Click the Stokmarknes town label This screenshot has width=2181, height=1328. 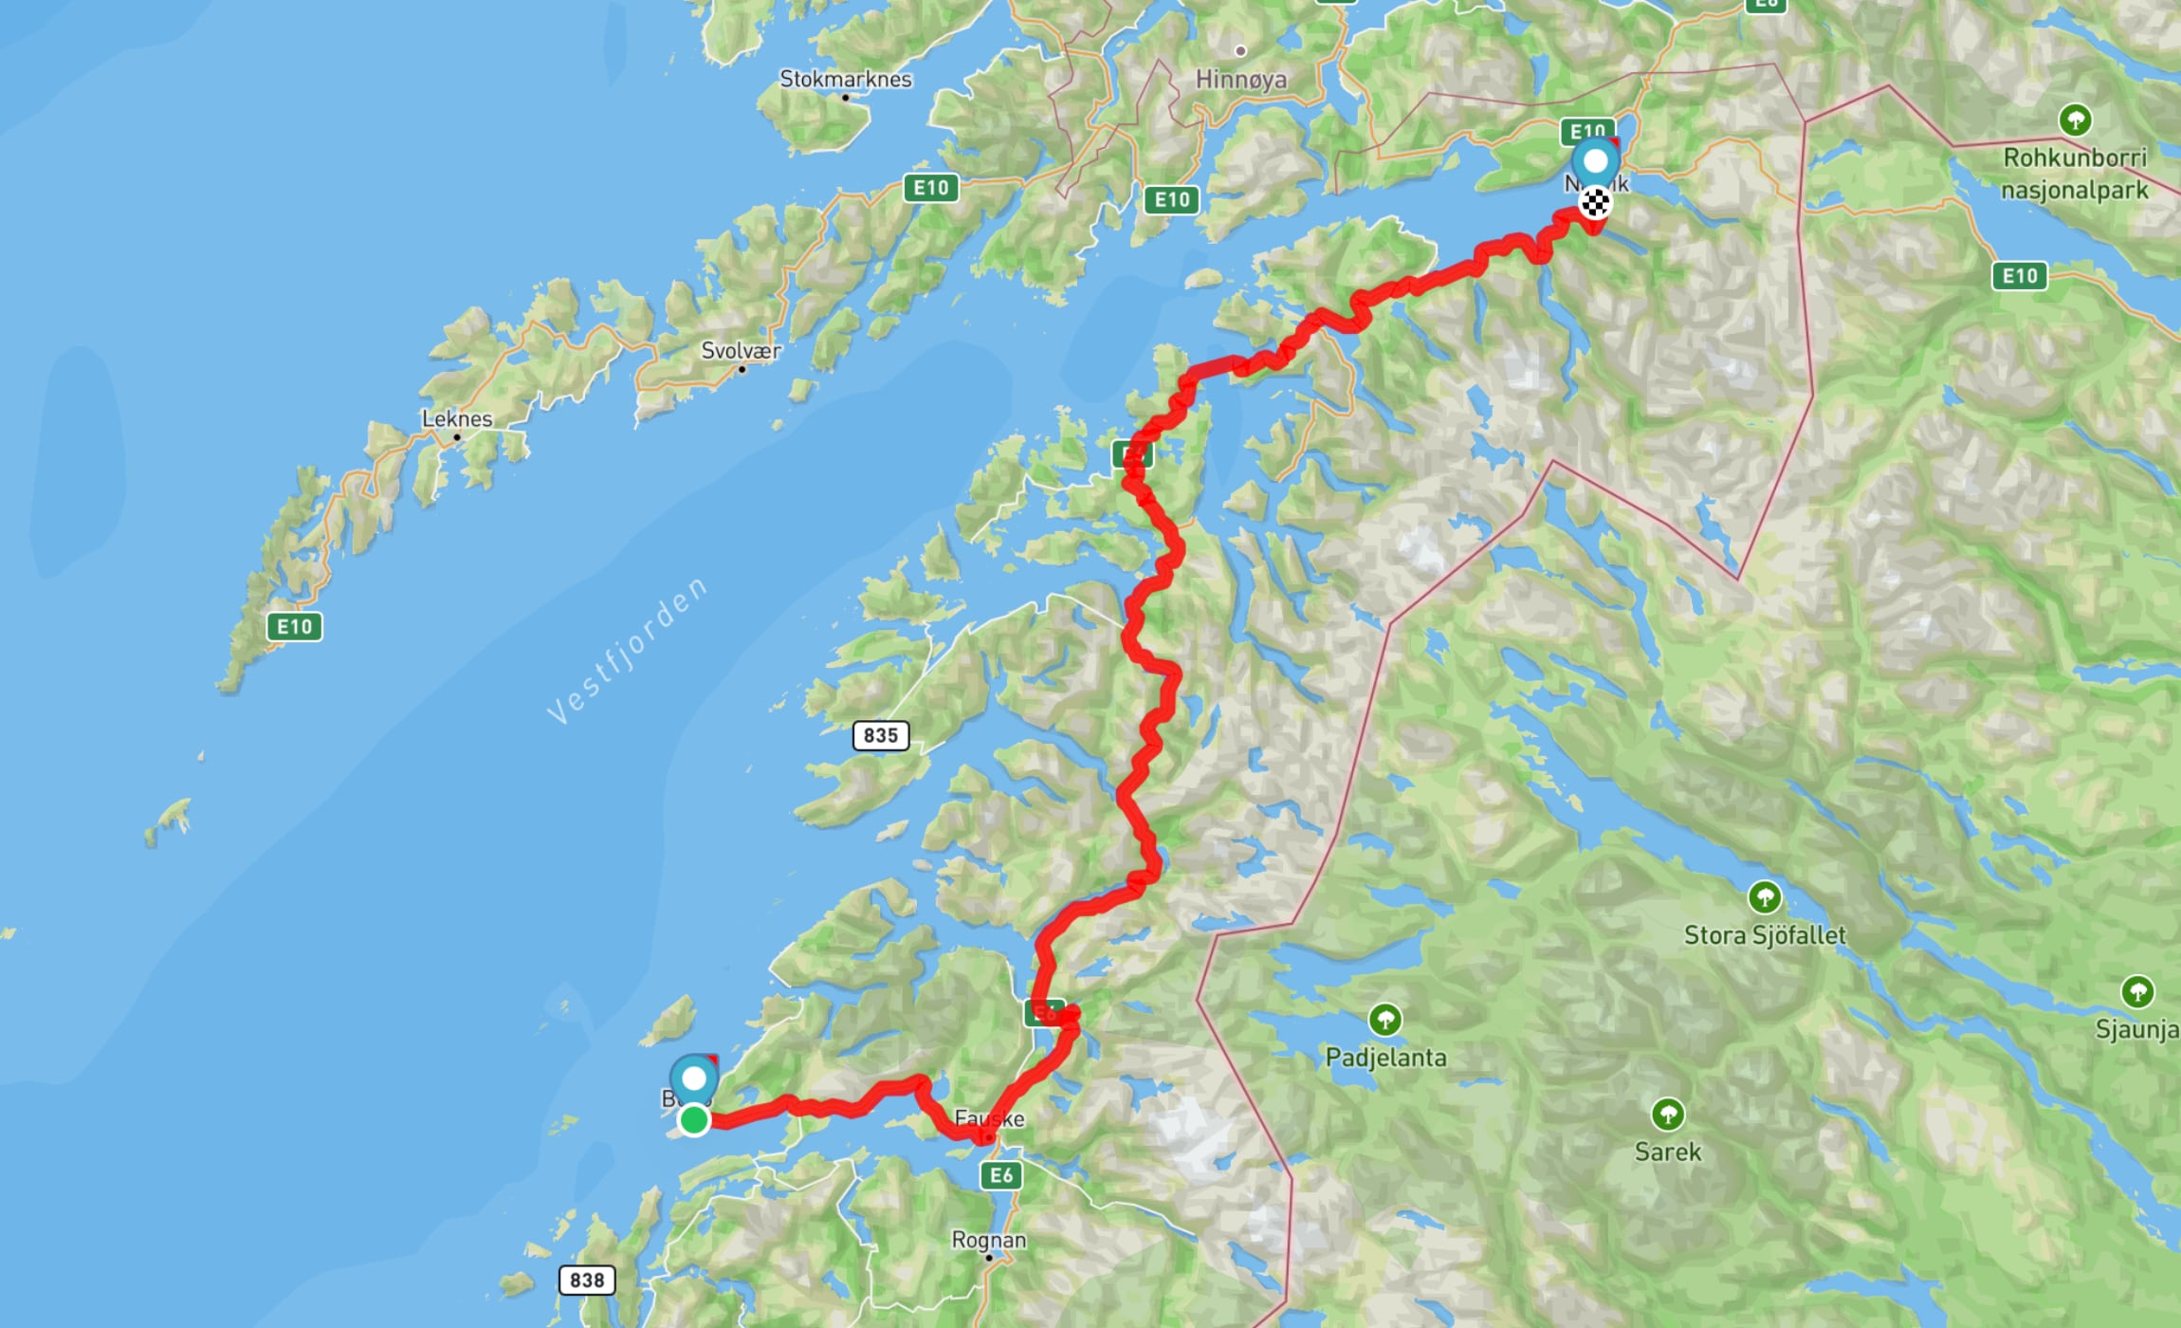pyautogui.click(x=845, y=79)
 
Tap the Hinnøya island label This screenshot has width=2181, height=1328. pyautogui.click(x=1240, y=80)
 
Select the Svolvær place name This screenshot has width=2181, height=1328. pyautogui.click(x=741, y=351)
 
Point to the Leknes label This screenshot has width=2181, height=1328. pyautogui.click(x=457, y=418)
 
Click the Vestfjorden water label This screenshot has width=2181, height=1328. pyautogui.click(x=628, y=651)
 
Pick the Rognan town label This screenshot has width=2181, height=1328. pyautogui.click(x=988, y=1240)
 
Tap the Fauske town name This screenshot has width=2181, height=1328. pyautogui.click(x=989, y=1118)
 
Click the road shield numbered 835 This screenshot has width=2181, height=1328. pyautogui.click(x=881, y=735)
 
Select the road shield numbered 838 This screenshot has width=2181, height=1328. pyautogui.click(x=587, y=1280)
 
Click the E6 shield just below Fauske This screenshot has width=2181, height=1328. pyautogui.click(x=1001, y=1175)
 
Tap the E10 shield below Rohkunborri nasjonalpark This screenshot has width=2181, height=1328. pyautogui.click(x=2019, y=276)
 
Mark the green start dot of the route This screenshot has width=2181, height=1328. pyautogui.click(x=694, y=1120)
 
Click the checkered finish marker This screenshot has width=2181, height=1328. pyautogui.click(x=1595, y=202)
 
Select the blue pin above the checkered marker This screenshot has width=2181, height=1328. pyautogui.click(x=1595, y=161)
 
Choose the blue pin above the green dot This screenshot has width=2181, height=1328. pyautogui.click(x=694, y=1079)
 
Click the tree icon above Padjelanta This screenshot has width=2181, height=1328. pyautogui.click(x=1385, y=1020)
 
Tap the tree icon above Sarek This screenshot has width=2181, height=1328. pyautogui.click(x=1667, y=1113)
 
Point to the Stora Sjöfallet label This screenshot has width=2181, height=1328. pyautogui.click(x=1764, y=935)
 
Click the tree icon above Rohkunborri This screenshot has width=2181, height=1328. pyautogui.click(x=2075, y=120)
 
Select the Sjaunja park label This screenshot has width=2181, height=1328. pyautogui.click(x=2136, y=1029)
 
